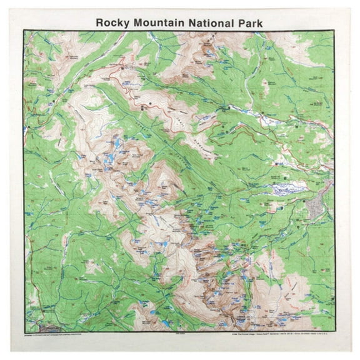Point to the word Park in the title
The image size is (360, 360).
coord(245,22)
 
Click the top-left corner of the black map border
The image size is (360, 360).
coord(24,30)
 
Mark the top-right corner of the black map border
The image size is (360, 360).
coord(335,30)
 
